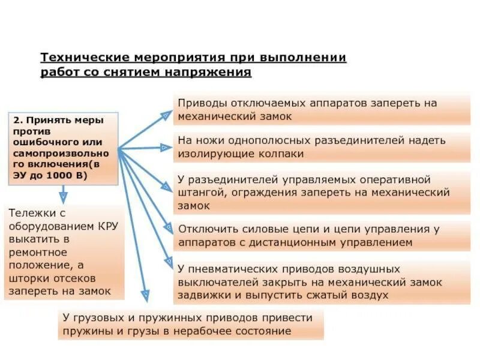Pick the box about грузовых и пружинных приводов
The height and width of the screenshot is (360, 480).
(192, 324)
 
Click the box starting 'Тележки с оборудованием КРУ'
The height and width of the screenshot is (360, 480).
(65, 252)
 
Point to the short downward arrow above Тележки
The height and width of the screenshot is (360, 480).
(63, 194)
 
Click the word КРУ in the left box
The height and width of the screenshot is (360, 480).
(109, 226)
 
